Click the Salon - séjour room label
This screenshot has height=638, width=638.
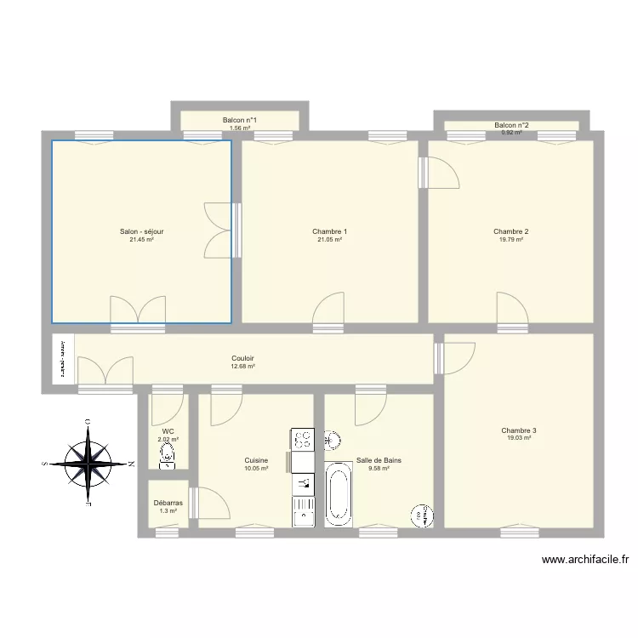pos(141,231)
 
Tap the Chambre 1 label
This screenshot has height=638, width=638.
pos(329,231)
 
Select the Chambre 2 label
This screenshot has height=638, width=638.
pos(511,231)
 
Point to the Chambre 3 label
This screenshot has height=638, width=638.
pos(519,430)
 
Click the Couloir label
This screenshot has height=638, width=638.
pos(243,358)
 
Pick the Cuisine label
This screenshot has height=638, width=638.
pos(256,460)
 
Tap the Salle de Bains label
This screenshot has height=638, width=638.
pos(379,460)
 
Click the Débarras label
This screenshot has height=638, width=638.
pos(168,503)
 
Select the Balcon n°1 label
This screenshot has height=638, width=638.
pos(240,121)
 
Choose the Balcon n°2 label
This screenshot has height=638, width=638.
pos(511,126)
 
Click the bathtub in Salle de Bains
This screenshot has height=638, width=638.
pos(338,493)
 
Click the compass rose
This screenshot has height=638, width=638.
pos(88,464)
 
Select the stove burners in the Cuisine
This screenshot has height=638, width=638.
pos(303,439)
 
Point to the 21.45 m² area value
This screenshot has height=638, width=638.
pos(141,240)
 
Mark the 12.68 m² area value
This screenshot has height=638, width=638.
pos(243,367)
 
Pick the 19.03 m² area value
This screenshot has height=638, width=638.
pos(519,438)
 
